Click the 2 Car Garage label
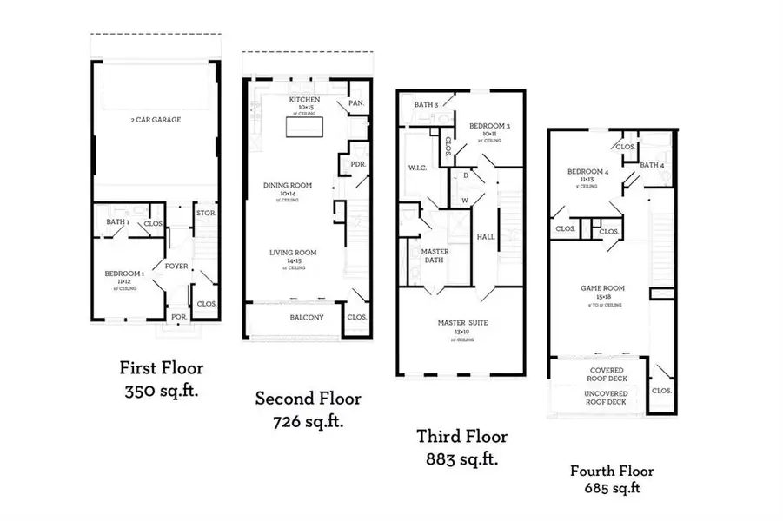click(156, 120)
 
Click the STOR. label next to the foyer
click(205, 213)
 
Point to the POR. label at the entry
click(178, 317)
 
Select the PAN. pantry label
click(355, 102)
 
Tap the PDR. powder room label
click(357, 163)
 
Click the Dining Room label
click(287, 186)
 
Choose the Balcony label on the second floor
click(307, 317)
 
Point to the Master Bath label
click(435, 256)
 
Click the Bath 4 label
click(652, 165)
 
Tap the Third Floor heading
click(461, 437)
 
